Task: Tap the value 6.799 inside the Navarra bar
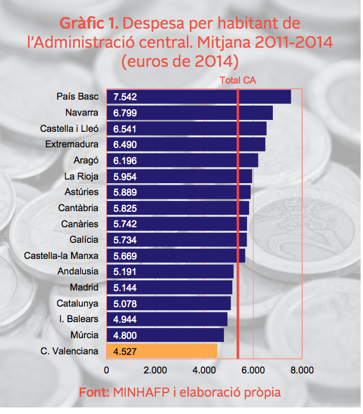[125, 113]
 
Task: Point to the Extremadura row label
[72, 144]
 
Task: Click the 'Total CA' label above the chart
[238, 81]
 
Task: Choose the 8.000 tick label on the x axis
[302, 370]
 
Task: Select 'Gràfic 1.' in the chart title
[89, 24]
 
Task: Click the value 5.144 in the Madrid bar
[125, 288]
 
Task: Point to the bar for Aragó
[182, 160]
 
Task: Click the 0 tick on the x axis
[107, 370]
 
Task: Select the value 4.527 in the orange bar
[125, 351]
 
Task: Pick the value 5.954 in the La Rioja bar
[125, 177]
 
